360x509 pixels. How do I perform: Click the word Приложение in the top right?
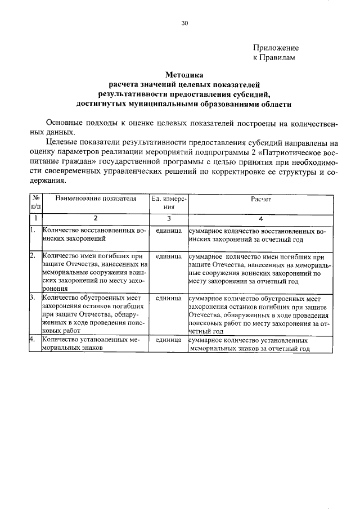[276, 48]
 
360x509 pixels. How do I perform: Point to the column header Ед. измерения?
[169, 202]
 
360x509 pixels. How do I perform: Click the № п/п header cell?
[35, 202]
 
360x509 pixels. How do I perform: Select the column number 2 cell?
[96, 218]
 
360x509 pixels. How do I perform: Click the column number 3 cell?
[169, 218]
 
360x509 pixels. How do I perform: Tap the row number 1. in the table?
[33, 231]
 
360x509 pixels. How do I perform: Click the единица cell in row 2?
[169, 256]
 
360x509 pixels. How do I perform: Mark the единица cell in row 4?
[169, 340]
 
